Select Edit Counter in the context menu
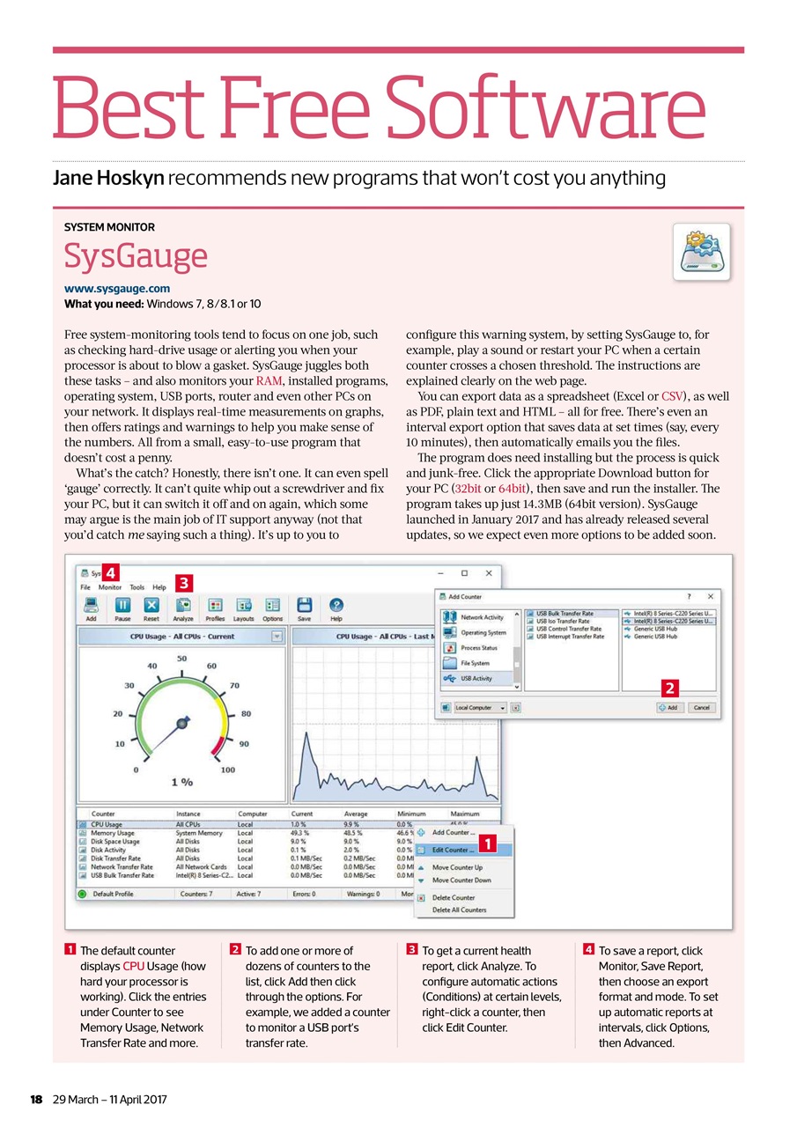[x=453, y=851]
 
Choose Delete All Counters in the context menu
[x=459, y=910]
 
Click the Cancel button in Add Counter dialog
[x=702, y=707]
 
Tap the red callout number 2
[x=670, y=685]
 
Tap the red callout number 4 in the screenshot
[x=112, y=570]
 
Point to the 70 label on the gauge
[x=234, y=684]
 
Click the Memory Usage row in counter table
[x=113, y=833]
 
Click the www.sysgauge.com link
[x=117, y=288]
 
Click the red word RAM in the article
[x=269, y=381]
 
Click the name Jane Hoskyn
[x=107, y=179]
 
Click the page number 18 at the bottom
[x=36, y=1100]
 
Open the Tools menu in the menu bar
[x=137, y=587]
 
